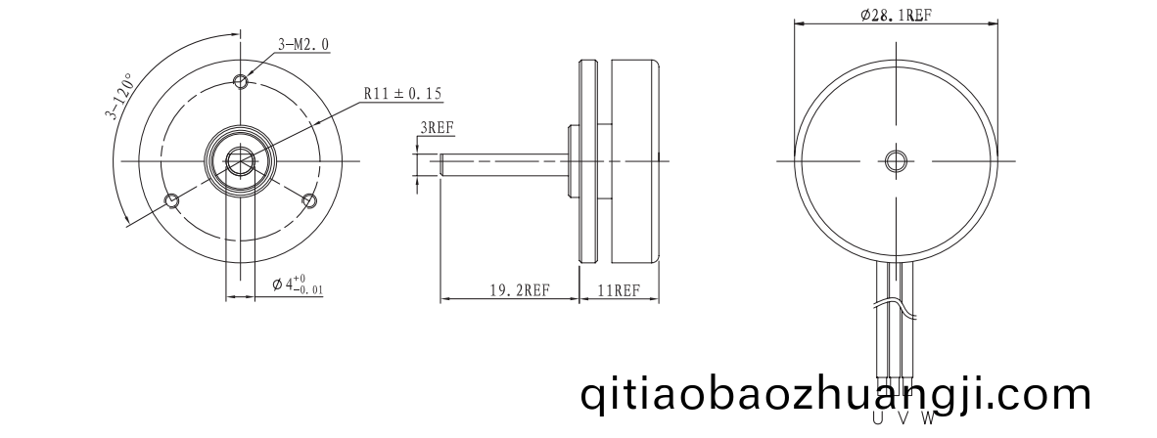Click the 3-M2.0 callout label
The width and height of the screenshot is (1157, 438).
click(303, 45)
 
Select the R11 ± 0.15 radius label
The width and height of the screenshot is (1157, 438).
click(402, 94)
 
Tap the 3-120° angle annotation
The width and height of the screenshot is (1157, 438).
click(118, 96)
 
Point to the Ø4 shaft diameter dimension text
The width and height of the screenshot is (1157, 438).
click(298, 285)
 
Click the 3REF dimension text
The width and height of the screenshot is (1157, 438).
click(437, 127)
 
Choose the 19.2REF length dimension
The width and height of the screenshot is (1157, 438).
click(520, 289)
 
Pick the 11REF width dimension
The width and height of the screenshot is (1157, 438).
click(618, 289)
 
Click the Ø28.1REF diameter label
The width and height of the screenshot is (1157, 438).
click(895, 16)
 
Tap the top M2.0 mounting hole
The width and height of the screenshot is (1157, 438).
click(240, 80)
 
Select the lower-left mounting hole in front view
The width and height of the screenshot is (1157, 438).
click(172, 200)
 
